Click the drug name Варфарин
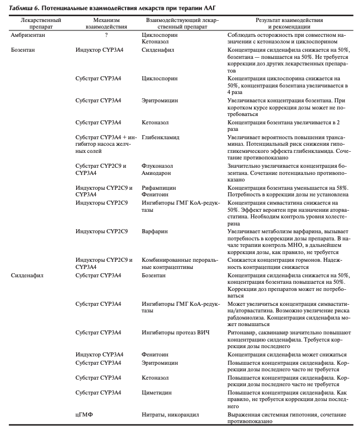tap(156, 230)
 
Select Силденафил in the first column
tap(27, 276)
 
